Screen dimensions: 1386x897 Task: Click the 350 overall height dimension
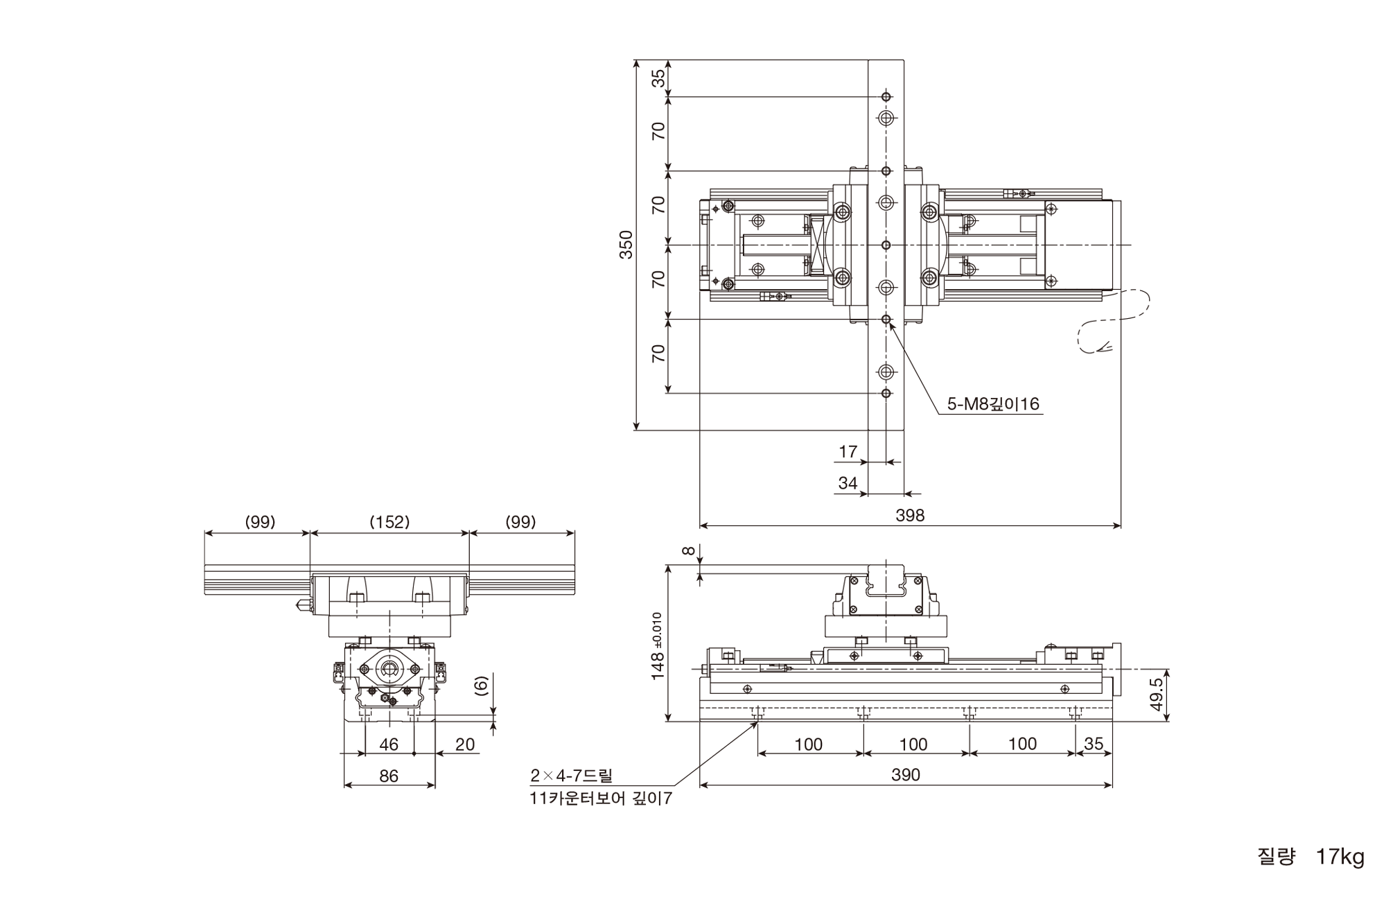[626, 245]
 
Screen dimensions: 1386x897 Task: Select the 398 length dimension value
[910, 515]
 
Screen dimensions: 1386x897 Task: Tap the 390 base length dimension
[906, 775]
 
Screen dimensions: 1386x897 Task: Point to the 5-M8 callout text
[993, 403]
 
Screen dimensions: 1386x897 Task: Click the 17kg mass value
[1340, 857]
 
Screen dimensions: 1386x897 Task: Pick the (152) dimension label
[389, 522]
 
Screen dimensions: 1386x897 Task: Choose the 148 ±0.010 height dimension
[658, 646]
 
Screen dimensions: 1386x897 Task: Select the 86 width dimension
[389, 776]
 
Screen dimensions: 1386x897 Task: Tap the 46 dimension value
[389, 744]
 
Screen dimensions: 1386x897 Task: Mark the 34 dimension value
[848, 483]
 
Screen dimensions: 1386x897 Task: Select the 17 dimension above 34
[848, 452]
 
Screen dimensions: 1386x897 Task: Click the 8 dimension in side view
[687, 551]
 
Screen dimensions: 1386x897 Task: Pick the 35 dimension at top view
[660, 78]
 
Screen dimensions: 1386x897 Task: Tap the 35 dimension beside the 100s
[1093, 744]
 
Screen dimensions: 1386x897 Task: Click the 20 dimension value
[465, 744]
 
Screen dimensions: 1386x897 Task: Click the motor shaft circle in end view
[389, 669]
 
